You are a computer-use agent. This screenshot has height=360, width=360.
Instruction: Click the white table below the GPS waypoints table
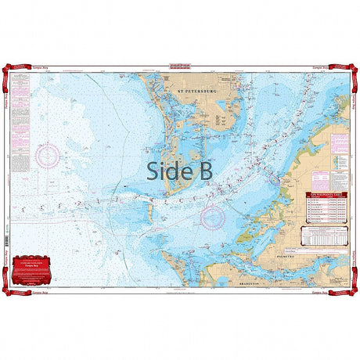(x=324, y=237)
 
